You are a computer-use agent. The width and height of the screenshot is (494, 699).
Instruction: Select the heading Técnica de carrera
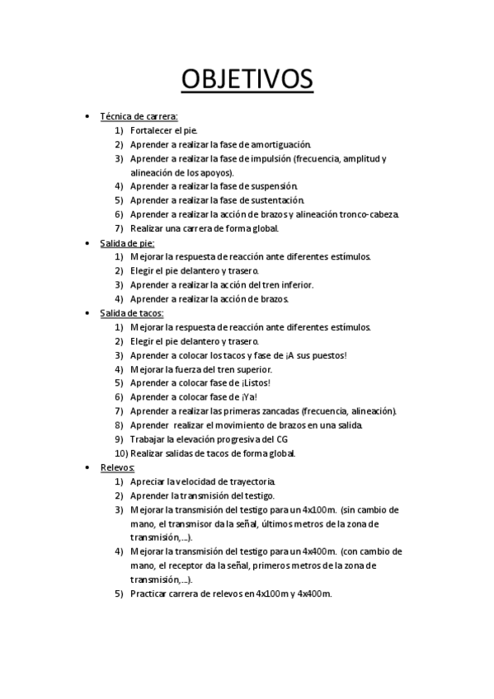[x=139, y=116]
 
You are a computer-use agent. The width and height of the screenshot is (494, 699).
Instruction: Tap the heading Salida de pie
[x=127, y=242]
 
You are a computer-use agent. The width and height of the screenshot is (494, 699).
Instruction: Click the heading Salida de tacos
[x=132, y=312]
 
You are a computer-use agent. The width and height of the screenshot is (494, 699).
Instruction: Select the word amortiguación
[x=275, y=144]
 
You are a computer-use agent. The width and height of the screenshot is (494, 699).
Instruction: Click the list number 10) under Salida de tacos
[x=120, y=453]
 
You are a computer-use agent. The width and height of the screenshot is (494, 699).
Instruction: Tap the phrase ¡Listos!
[x=251, y=382]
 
